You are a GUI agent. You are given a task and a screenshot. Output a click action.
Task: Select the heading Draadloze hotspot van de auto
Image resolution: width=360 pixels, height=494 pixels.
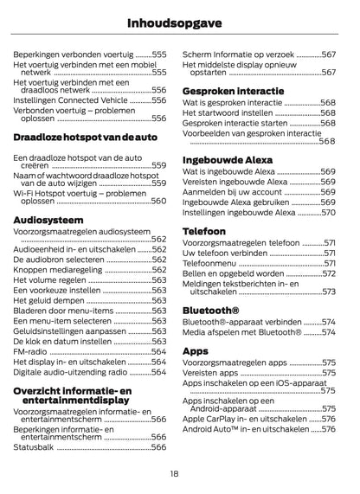86,138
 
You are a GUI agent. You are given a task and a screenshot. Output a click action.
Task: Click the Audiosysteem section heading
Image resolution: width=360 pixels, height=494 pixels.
48,221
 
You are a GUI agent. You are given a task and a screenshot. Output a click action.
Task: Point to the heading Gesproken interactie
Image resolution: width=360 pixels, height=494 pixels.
233,91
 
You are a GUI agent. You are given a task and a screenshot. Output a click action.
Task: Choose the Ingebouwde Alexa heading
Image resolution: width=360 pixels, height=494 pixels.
228,160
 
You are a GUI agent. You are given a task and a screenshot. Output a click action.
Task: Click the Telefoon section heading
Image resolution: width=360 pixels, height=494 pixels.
204,231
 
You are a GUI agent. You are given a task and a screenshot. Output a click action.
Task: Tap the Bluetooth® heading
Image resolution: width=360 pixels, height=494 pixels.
211,309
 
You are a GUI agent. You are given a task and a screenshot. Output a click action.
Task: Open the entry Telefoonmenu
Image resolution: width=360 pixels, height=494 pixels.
215,262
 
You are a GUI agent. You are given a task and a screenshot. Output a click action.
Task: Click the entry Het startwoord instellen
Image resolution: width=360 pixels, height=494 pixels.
228,112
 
